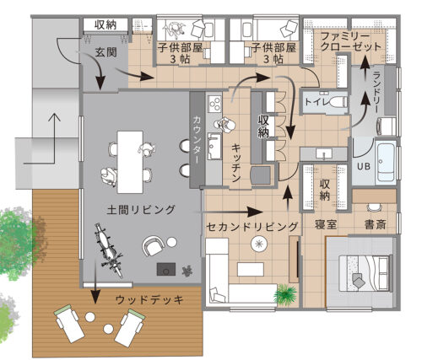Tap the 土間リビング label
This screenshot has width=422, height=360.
click(x=141, y=208)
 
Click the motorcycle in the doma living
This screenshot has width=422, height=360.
click(x=106, y=251)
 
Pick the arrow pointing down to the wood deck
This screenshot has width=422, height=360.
click(x=95, y=297)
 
